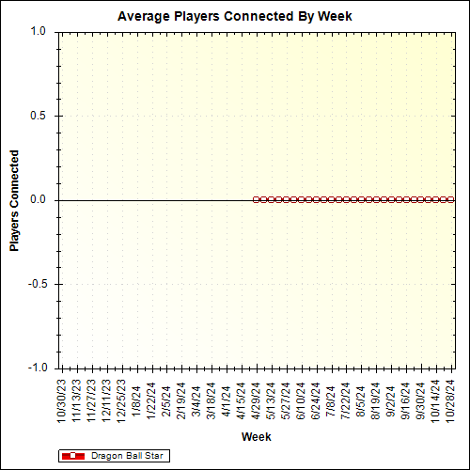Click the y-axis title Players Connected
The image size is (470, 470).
click(15, 199)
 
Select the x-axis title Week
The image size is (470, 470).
click(256, 437)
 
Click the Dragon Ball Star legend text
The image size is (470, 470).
click(129, 456)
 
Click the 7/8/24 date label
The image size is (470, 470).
click(331, 402)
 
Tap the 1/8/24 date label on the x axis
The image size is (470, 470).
click(136, 402)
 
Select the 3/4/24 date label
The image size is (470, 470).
click(196, 402)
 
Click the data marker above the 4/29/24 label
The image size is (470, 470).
click(257, 199)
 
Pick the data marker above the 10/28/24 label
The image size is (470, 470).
click(451, 199)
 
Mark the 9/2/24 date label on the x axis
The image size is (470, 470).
click(391, 402)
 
